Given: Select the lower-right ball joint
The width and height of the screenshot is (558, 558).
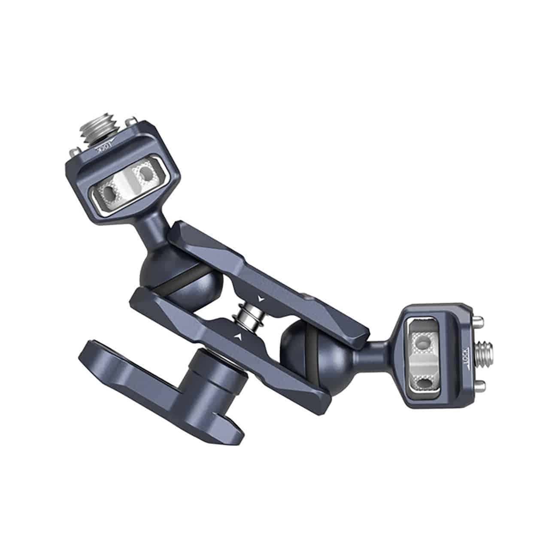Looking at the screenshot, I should click(300, 343).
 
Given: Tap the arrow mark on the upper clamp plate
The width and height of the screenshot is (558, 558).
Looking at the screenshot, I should click(260, 297).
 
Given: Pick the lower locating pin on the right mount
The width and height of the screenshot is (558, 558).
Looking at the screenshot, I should click(480, 384).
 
